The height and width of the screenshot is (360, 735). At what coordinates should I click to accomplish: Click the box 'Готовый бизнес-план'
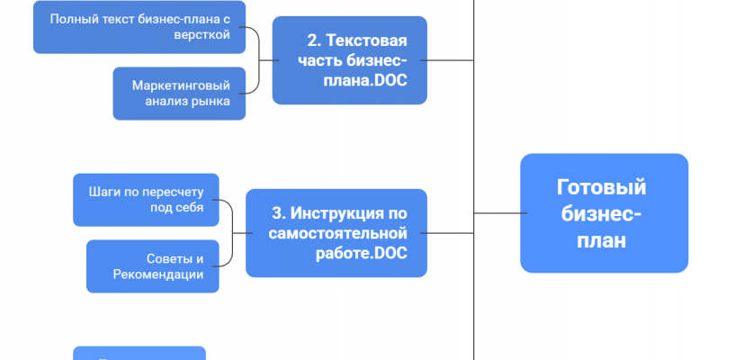[x=604, y=213]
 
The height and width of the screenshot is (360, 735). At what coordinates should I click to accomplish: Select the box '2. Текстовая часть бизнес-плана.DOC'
[x=350, y=59]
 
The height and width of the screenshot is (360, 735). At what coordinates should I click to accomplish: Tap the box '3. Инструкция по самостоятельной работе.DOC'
[x=336, y=233]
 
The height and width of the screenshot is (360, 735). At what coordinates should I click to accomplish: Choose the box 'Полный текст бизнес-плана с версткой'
[x=140, y=27]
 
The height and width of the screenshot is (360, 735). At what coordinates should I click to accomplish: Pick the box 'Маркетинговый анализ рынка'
[x=179, y=94]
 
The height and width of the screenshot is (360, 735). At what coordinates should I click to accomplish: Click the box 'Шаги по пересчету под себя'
[x=146, y=200]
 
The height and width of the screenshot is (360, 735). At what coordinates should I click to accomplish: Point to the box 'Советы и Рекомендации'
[x=152, y=266]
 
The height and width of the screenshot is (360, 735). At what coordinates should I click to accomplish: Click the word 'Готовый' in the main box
[x=602, y=187]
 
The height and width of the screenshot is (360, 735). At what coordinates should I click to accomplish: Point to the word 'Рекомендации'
[x=158, y=274]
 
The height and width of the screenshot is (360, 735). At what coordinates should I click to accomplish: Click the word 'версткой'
[x=204, y=35]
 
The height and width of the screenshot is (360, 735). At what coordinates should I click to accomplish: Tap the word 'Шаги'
[x=105, y=192]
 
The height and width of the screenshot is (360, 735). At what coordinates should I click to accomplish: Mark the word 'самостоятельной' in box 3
[x=338, y=233]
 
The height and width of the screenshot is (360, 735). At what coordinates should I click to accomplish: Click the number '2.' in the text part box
[x=314, y=40]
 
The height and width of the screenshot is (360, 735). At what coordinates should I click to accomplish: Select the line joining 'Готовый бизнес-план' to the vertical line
[x=497, y=213]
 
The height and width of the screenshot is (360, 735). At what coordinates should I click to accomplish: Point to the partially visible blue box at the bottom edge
[x=139, y=353]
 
